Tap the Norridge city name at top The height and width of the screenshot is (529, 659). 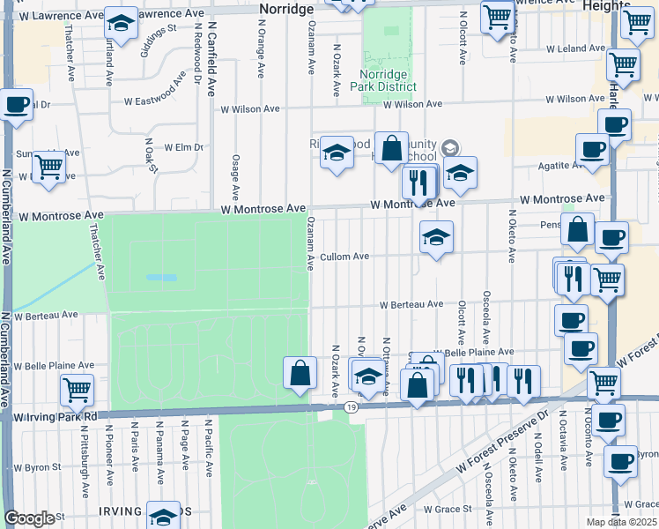pyautogui.click(x=287, y=8)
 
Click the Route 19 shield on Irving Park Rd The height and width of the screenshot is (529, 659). pyautogui.click(x=352, y=406)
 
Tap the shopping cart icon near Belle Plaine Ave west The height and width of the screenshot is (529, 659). pyautogui.click(x=77, y=388)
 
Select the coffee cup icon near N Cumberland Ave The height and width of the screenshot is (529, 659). pyautogui.click(x=16, y=104)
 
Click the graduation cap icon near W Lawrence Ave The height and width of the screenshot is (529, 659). pyautogui.click(x=121, y=21)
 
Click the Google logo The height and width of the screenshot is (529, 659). pyautogui.click(x=28, y=519)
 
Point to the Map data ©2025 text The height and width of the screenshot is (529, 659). pyautogui.click(x=622, y=522)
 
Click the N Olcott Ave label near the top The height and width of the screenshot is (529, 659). pyautogui.click(x=463, y=41)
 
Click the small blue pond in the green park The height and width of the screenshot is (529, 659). pyautogui.click(x=161, y=277)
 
